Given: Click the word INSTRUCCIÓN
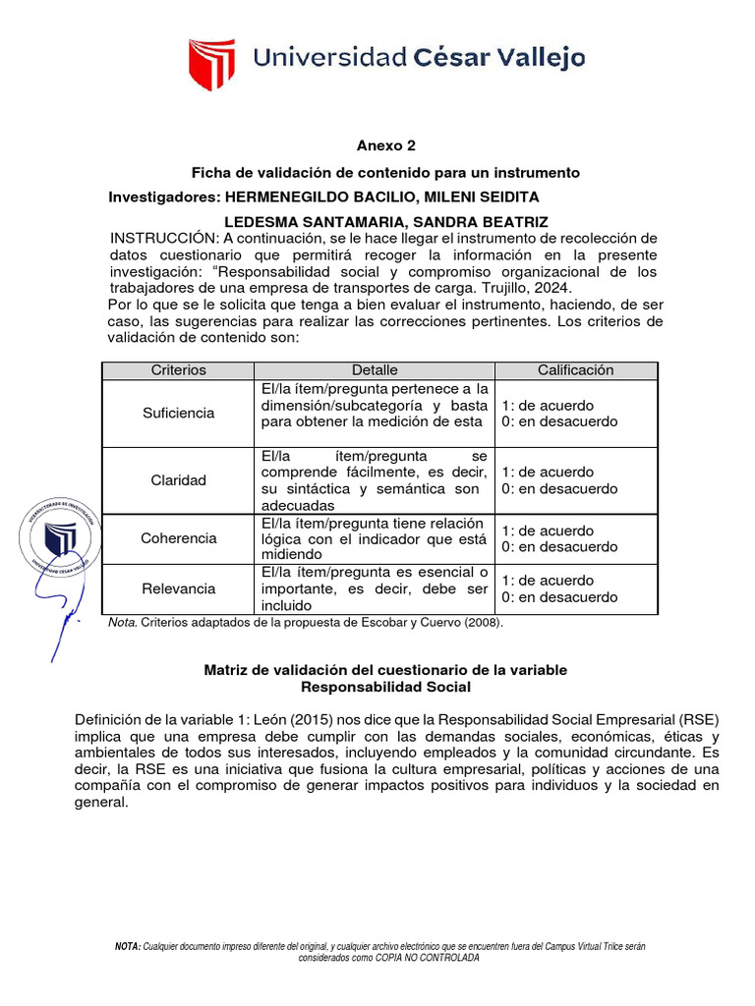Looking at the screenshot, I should click(x=163, y=239).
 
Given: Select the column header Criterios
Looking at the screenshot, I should click(x=178, y=370).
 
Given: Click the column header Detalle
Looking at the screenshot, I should click(x=375, y=370).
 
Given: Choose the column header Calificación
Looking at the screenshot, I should click(x=575, y=370).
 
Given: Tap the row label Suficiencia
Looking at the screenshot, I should click(x=178, y=413).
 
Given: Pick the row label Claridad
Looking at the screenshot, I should click(x=178, y=480).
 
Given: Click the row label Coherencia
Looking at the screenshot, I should click(x=178, y=538).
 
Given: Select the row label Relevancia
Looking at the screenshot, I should click(x=178, y=588).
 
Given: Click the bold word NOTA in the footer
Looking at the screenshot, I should click(x=128, y=945).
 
